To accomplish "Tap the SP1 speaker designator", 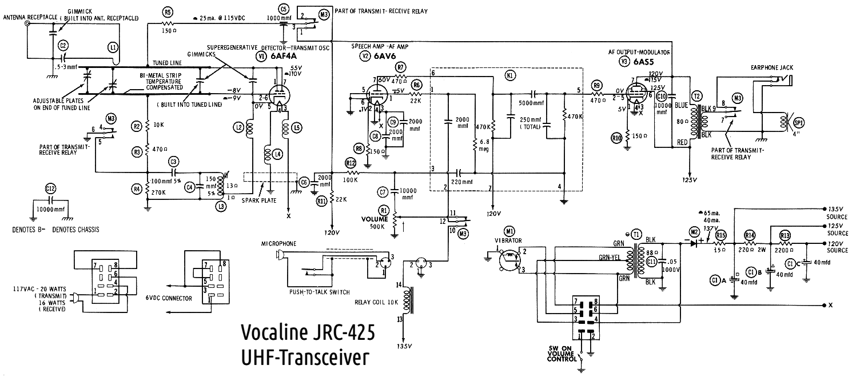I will click(x=799, y=122).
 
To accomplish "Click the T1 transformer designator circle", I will click(x=636, y=235).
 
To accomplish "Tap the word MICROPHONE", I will click(x=278, y=243).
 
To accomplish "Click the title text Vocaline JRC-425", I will click(x=308, y=332).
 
